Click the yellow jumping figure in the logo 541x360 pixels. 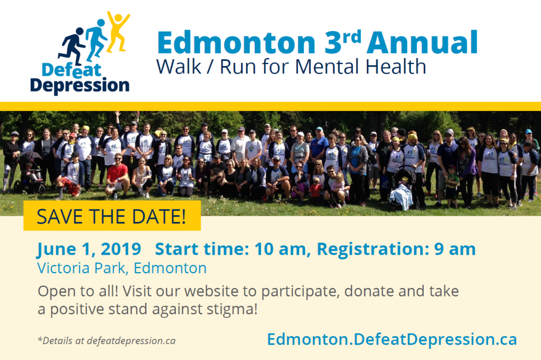[x=118, y=32]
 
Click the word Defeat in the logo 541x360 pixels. [x=71, y=70]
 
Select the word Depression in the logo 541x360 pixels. [x=80, y=85]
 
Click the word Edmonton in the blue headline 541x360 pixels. [x=236, y=43]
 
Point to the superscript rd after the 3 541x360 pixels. [x=351, y=36]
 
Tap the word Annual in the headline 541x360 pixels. [x=422, y=43]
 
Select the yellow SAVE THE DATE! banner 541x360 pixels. [x=112, y=215]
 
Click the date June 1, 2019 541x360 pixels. [x=89, y=249]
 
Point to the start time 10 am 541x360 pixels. [x=280, y=249]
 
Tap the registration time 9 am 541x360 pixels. [x=455, y=249]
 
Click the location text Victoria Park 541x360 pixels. [x=81, y=268]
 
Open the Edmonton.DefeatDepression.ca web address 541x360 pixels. [x=392, y=339]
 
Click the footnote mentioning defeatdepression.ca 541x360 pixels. [x=107, y=340]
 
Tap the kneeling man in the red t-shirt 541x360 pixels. [x=117, y=176]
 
